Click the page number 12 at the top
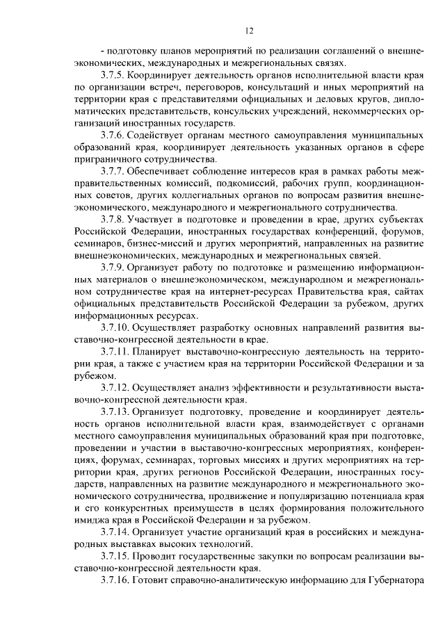coord(249,30)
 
